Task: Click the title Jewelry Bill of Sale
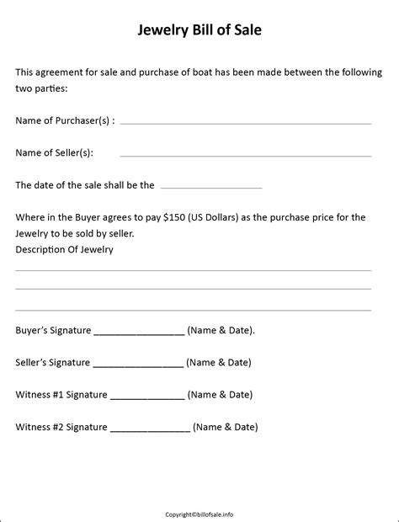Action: pyautogui.click(x=199, y=31)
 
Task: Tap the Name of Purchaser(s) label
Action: pyautogui.click(x=65, y=120)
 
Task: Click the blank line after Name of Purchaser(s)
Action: pyautogui.click(x=245, y=123)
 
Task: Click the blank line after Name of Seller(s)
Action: pyautogui.click(x=245, y=156)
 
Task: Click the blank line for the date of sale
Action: pyautogui.click(x=210, y=187)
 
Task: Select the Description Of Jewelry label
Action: pyautogui.click(x=64, y=249)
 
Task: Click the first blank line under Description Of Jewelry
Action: pyautogui.click(x=193, y=270)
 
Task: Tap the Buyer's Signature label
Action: pyautogui.click(x=53, y=331)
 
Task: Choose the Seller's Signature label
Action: pyautogui.click(x=52, y=363)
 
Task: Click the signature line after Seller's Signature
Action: pyautogui.click(x=137, y=366)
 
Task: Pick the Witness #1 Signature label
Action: pyautogui.click(x=61, y=394)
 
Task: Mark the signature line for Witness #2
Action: pyautogui.click(x=150, y=430)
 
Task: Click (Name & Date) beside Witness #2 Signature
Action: pyautogui.click(x=225, y=427)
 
